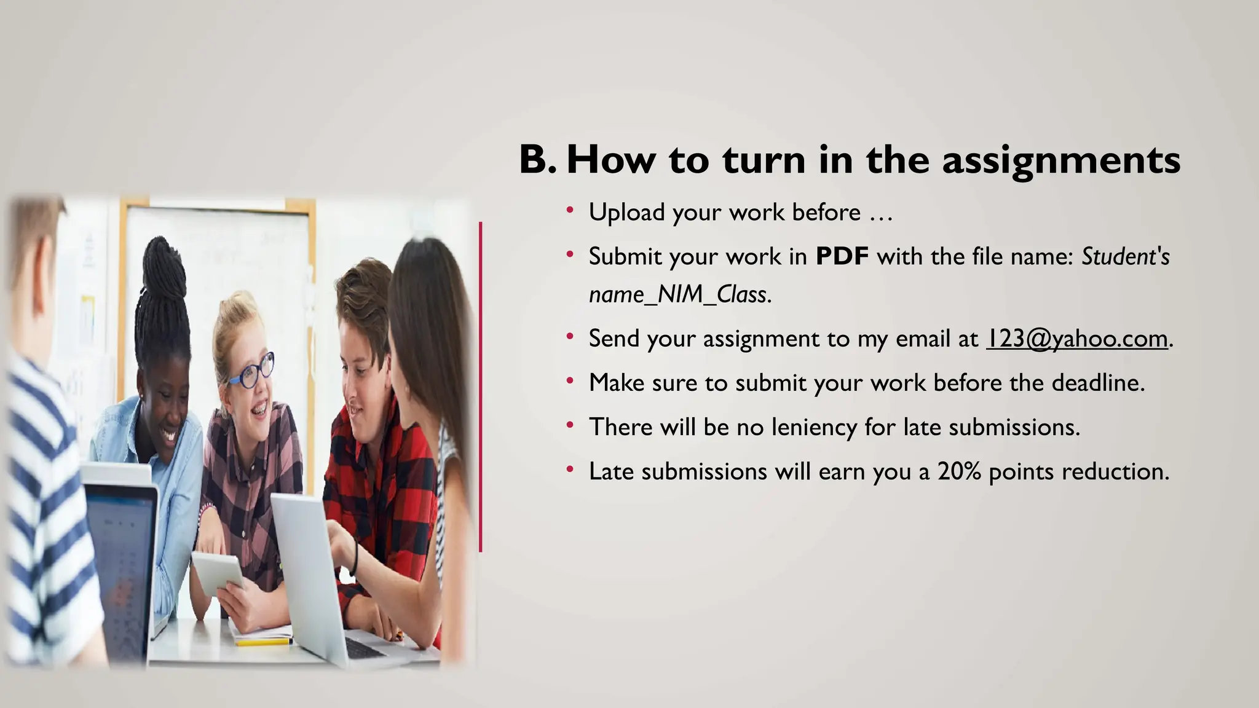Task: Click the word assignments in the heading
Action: (1060, 161)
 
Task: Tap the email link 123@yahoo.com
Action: (1076, 339)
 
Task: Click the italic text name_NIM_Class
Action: (679, 295)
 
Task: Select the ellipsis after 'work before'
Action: (880, 213)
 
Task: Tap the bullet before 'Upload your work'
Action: (570, 211)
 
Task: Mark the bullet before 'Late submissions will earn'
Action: (570, 470)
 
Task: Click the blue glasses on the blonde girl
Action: (252, 371)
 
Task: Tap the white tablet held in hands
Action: (218, 572)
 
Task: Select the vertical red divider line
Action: (481, 387)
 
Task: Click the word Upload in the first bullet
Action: (627, 213)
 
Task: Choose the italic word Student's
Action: (1125, 256)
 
